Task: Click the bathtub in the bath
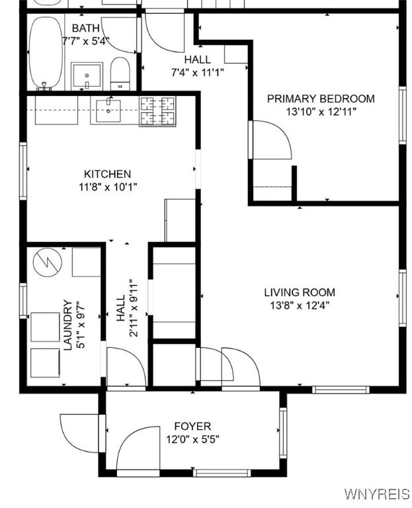click(46, 53)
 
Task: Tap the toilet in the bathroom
click(120, 72)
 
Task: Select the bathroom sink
click(87, 75)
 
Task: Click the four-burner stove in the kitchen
click(157, 110)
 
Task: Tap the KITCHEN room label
click(107, 174)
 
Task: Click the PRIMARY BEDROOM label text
click(321, 99)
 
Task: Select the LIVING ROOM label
click(300, 292)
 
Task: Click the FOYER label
click(192, 426)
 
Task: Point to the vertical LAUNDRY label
click(67, 325)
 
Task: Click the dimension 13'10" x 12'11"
click(321, 112)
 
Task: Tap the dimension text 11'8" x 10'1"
click(107, 187)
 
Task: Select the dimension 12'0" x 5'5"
click(192, 439)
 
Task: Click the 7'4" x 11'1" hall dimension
click(198, 72)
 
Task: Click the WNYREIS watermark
click(376, 494)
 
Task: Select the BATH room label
click(86, 28)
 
